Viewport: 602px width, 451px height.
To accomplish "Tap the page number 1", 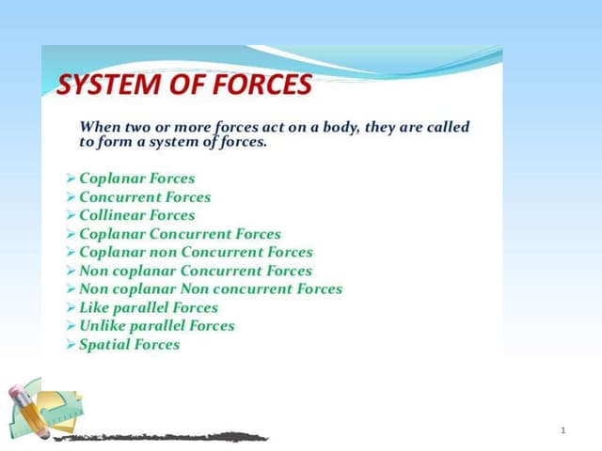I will click(x=562, y=430).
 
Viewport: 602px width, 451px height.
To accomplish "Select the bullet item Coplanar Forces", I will click(x=137, y=179).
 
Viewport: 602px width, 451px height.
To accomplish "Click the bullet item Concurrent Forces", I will click(x=145, y=197).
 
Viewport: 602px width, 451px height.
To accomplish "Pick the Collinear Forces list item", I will click(x=137, y=215).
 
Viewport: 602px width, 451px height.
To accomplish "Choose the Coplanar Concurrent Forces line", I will click(x=180, y=234).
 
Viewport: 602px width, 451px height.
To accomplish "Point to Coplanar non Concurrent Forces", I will click(x=196, y=252).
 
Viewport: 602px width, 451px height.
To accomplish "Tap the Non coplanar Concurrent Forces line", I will click(x=196, y=271).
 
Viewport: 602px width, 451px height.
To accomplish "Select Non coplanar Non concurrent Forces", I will click(x=211, y=289).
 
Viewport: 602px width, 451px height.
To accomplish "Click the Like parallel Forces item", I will click(x=149, y=307).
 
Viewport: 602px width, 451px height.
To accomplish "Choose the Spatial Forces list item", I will click(x=130, y=345).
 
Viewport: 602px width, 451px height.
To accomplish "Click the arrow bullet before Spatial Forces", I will click(x=71, y=345).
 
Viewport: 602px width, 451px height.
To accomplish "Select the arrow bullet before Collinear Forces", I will click(x=71, y=215).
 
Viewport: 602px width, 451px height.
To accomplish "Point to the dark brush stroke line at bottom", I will click(x=160, y=437).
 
